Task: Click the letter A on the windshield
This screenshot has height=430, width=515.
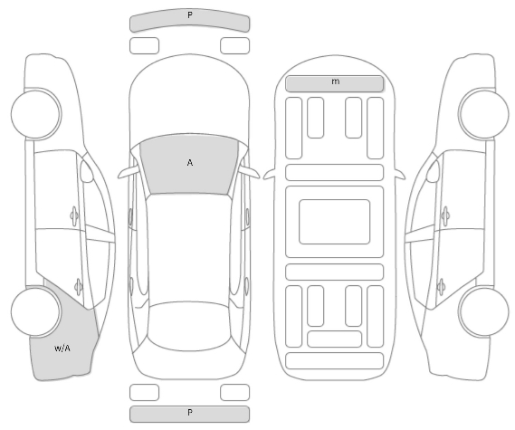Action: point(190,163)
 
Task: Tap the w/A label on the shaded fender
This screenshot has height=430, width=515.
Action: point(62,349)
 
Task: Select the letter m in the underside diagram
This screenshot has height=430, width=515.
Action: point(336,81)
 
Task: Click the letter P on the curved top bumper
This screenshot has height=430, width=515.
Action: point(190,14)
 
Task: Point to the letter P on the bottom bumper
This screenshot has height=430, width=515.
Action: point(190,412)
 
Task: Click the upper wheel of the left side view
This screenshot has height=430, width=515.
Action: point(36,114)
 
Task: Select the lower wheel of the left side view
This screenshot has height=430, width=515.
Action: point(36,311)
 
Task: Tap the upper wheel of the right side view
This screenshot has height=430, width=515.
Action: point(483,114)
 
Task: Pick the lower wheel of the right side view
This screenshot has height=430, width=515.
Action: point(483,311)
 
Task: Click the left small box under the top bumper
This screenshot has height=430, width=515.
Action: point(145,45)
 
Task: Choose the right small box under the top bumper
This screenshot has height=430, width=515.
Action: point(234,45)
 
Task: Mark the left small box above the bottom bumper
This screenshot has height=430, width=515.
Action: point(145,392)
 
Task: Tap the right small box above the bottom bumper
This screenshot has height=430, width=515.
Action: point(234,392)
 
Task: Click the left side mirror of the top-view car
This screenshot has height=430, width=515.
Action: point(129,173)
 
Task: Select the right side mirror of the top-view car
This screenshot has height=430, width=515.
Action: point(249,173)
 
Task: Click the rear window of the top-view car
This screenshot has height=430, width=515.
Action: point(189,326)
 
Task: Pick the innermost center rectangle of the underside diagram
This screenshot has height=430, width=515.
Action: point(334,222)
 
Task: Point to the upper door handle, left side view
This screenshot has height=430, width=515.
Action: point(74,215)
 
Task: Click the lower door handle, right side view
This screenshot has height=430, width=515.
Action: point(442,287)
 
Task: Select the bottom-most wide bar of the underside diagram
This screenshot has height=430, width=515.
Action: point(334,360)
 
